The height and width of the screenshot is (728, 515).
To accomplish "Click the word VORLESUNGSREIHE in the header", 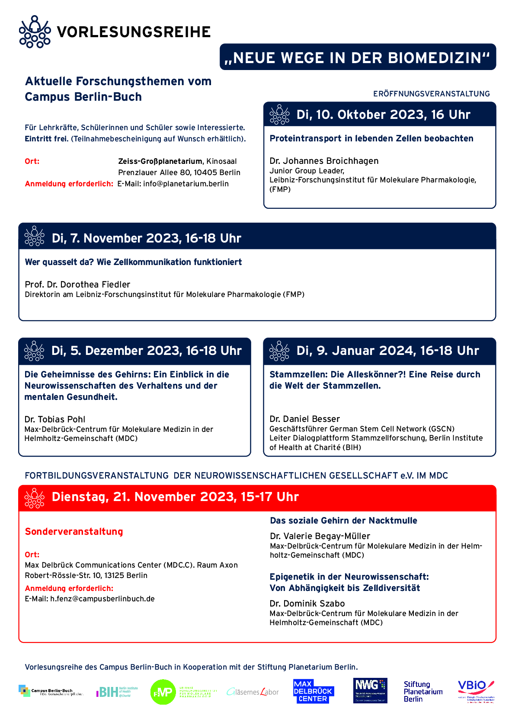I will coord(134,32).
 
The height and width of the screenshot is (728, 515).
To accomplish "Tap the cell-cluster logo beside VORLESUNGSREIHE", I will coord(35,32).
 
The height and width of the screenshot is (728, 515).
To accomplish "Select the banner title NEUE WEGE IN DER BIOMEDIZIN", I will coord(358,57).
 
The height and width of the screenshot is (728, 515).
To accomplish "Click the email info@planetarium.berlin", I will coord(186,184).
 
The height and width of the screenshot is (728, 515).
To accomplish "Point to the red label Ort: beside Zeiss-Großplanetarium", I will coord(32,161).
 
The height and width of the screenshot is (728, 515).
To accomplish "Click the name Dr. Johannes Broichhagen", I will coord(324,161).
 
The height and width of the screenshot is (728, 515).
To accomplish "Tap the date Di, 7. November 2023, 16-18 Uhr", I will coord(146,238).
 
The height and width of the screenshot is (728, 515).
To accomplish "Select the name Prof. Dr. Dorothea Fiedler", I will coord(77,284).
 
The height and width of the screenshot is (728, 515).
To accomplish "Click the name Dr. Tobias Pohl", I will coord(55,419).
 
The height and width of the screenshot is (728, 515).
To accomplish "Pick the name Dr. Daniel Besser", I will coord(304,419).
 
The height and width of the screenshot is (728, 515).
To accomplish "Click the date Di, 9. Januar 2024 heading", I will coord(387,351).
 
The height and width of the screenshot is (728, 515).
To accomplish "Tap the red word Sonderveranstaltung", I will coord(74,532).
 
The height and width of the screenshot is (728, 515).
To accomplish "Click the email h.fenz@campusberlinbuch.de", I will coord(102,599).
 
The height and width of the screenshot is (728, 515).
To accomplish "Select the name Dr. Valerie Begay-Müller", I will coord(320,536).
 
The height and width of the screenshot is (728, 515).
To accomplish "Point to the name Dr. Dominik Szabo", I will coord(307,603).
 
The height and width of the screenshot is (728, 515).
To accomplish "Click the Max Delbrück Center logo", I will coord(313,691).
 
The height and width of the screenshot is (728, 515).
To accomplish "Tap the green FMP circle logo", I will coord(163,692).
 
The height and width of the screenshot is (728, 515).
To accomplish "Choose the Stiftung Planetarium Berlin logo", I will coord(423,692).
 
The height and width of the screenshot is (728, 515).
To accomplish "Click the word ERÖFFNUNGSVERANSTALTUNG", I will coord(432,94).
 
